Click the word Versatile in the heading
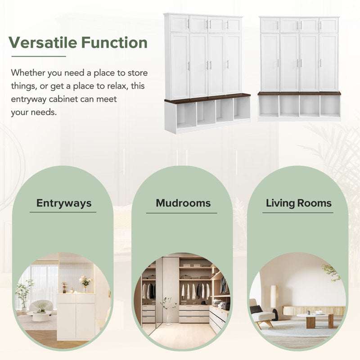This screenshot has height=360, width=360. pos(43,43)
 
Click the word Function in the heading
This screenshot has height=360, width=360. pos(114,43)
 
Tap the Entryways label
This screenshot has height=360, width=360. pos(63,203)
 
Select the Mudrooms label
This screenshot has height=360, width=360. pos(183,203)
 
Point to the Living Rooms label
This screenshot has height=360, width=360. pos(299,203)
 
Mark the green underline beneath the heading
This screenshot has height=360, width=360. pos(38,57)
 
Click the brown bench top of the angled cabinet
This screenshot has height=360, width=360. pos(207,98)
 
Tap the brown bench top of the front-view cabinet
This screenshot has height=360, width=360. pos(299,93)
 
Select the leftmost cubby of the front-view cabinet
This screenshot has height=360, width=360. pos(269,106)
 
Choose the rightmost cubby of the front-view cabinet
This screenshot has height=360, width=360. pos(329,106)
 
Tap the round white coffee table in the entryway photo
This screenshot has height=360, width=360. pos(40,315)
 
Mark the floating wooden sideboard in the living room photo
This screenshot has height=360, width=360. pos(314,310)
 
